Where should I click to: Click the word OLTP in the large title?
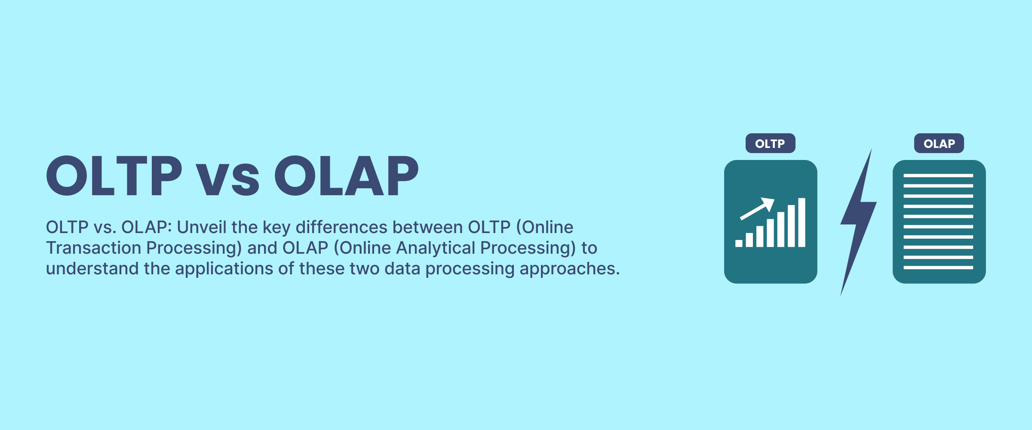pos(114,176)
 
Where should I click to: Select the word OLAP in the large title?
pos(347,176)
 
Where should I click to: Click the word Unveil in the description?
pos(202,227)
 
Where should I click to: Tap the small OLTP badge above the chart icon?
pos(771,143)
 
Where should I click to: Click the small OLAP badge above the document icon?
pos(939,143)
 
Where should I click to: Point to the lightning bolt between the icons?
pos(858,215)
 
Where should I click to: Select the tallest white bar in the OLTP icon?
pos(802,222)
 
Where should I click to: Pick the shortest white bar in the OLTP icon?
pos(739,243)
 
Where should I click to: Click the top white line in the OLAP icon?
pos(938,175)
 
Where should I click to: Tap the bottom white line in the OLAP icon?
pos(938,267)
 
